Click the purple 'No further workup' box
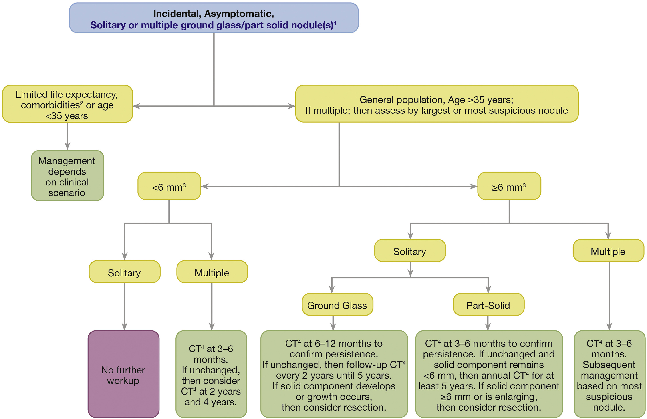point(123,374)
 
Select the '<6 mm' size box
point(169,186)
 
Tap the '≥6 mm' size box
point(509,186)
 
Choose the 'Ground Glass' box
point(337,304)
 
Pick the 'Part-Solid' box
point(488,304)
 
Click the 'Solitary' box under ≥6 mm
point(410,251)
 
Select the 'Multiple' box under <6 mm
point(212,272)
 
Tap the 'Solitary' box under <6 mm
point(125,272)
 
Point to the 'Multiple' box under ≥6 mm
point(608,251)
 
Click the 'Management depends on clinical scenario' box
point(67,176)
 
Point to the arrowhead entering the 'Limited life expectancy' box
point(136,106)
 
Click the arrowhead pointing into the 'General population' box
point(292,106)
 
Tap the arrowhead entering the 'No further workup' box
point(125,327)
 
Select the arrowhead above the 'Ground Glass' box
point(332,289)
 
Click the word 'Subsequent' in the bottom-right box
point(609,365)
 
